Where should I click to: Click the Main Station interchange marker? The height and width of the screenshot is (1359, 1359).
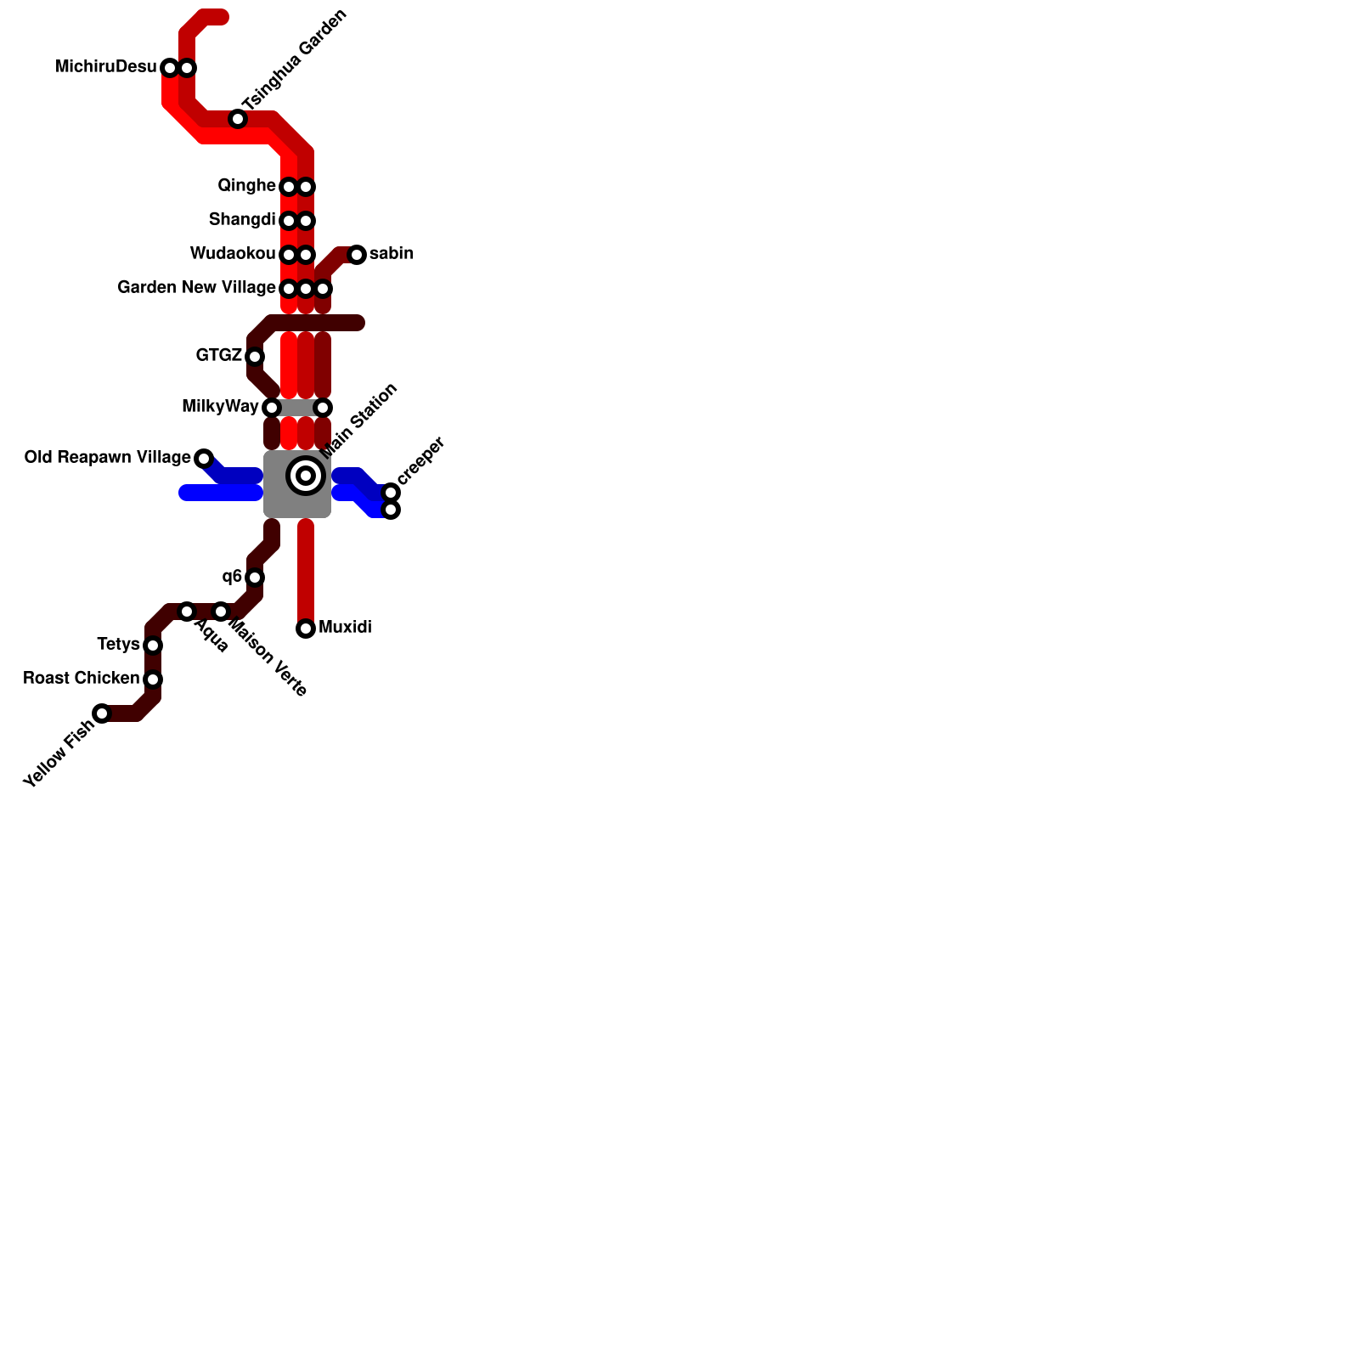(x=306, y=476)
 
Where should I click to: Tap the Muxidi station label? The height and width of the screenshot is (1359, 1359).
(x=345, y=628)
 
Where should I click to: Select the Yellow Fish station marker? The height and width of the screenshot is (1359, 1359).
(x=102, y=713)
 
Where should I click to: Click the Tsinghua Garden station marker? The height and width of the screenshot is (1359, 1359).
(x=238, y=119)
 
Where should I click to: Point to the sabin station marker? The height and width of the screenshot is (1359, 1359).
(x=357, y=255)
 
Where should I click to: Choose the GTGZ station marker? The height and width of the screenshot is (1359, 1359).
(x=255, y=357)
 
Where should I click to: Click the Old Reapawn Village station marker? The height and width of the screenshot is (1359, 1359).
(x=204, y=459)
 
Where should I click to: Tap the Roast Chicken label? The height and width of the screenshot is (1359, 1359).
(x=81, y=679)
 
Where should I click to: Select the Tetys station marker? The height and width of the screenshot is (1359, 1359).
(x=153, y=646)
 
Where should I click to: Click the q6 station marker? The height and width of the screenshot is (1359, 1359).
(x=255, y=578)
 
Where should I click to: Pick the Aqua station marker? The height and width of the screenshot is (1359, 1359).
(x=187, y=612)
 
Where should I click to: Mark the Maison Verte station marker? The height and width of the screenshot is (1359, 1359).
(x=221, y=612)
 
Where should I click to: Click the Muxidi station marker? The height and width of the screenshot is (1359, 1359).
(x=306, y=629)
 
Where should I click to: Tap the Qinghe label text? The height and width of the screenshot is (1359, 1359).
(x=246, y=186)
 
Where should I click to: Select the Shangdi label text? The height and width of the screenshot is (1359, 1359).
(x=242, y=220)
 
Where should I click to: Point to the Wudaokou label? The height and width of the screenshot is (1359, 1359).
(x=233, y=254)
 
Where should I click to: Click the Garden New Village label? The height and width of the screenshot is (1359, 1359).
(x=196, y=288)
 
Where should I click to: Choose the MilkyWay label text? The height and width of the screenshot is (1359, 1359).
(x=220, y=407)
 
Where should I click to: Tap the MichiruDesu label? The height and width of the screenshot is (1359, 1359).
(x=106, y=67)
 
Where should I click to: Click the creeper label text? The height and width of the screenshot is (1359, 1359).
(x=421, y=460)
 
